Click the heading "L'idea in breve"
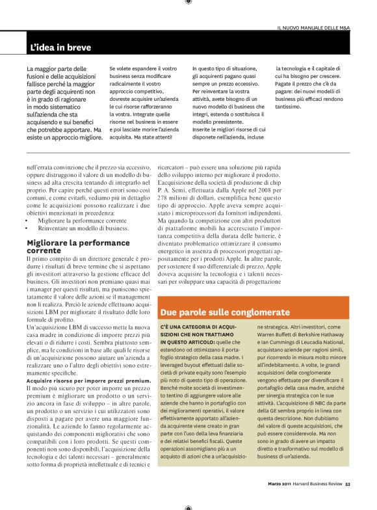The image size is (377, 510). [60, 47]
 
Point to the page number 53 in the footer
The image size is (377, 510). [348, 502]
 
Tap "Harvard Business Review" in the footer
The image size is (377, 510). [320, 502]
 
